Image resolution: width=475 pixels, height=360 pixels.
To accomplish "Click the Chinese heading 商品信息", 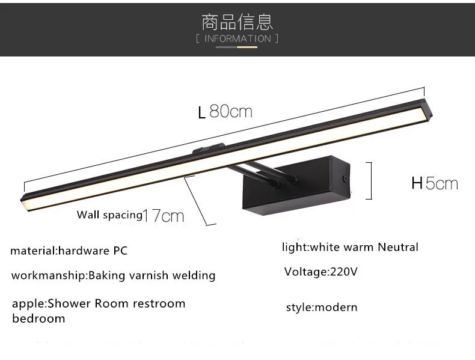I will [x=237, y=22].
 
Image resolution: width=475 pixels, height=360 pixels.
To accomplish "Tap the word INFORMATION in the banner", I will [x=237, y=38].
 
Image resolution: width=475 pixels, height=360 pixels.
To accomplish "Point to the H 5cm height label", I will [x=434, y=183].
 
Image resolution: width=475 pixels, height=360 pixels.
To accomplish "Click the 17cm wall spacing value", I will [x=164, y=216].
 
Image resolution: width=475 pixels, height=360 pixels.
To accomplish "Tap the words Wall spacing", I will [x=109, y=215].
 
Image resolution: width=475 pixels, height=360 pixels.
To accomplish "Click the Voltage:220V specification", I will [x=321, y=272].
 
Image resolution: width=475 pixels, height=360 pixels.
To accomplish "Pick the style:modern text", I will [x=322, y=308].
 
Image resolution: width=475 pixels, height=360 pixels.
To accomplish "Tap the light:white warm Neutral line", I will [x=350, y=247].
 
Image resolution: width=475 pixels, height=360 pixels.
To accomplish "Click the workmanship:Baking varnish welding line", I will [x=113, y=276].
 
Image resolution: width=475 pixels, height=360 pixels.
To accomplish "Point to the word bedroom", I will [x=38, y=319].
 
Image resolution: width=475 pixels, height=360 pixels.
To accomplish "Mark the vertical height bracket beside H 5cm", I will [x=370, y=180].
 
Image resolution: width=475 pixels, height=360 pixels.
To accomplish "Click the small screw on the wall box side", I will [x=344, y=179].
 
